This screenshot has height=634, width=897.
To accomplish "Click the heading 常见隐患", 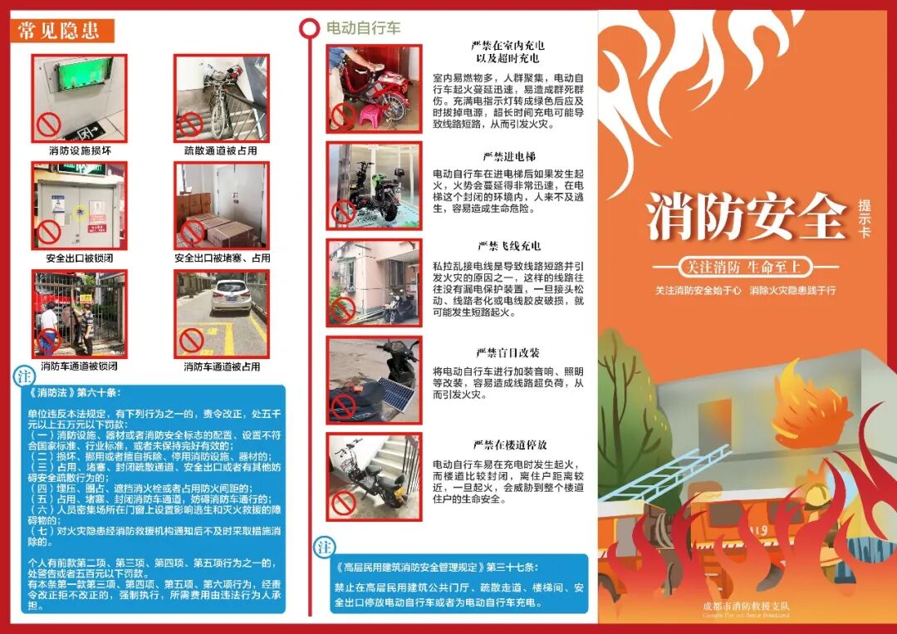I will click(59, 32).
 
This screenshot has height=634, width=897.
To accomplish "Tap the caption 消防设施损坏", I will click(80, 151).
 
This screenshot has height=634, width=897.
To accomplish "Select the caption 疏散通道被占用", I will click(221, 151).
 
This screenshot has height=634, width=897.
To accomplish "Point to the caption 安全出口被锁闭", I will click(80, 258).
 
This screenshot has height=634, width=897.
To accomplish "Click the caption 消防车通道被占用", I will click(221, 366).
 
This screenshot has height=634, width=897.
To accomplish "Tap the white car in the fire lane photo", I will click(230, 296).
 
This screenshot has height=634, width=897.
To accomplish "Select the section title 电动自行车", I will click(363, 28).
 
